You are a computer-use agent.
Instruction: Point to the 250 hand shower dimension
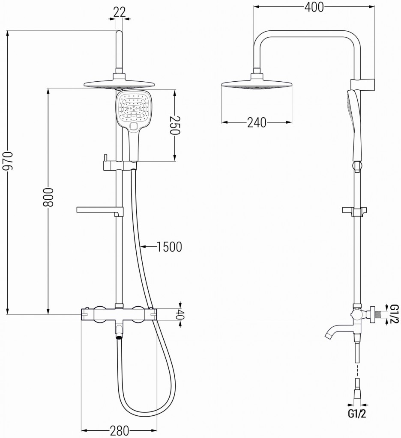[174, 126]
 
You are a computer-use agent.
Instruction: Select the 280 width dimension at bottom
[120, 430]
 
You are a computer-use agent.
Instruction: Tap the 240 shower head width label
[257, 123]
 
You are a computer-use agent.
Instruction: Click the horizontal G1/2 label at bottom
[356, 414]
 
